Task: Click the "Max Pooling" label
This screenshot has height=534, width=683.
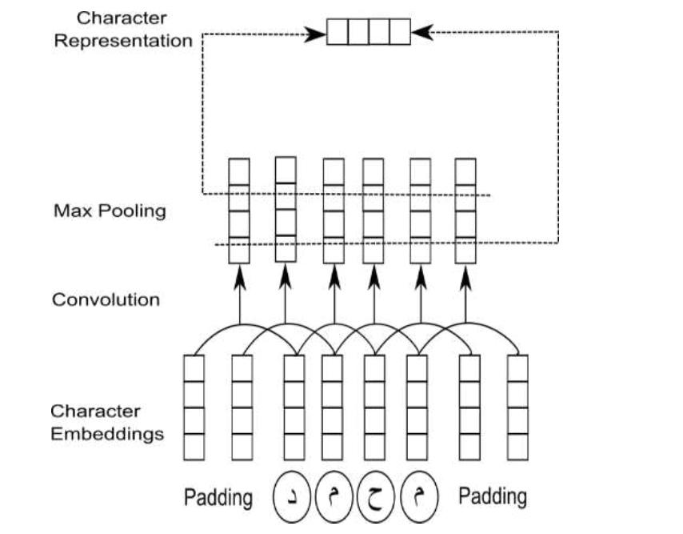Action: [110, 211]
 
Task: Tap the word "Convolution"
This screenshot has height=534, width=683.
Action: [106, 300]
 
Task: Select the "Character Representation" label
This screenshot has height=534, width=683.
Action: [123, 29]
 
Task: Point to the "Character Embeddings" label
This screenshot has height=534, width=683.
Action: [107, 423]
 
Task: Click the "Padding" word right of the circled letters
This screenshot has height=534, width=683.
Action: [492, 496]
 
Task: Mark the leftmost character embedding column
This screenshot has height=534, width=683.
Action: [194, 408]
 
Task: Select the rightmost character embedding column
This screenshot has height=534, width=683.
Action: [518, 408]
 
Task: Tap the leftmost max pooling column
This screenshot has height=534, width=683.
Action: [238, 211]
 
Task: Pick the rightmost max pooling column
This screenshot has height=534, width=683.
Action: [465, 211]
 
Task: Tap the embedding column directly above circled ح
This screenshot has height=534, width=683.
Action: [374, 408]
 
